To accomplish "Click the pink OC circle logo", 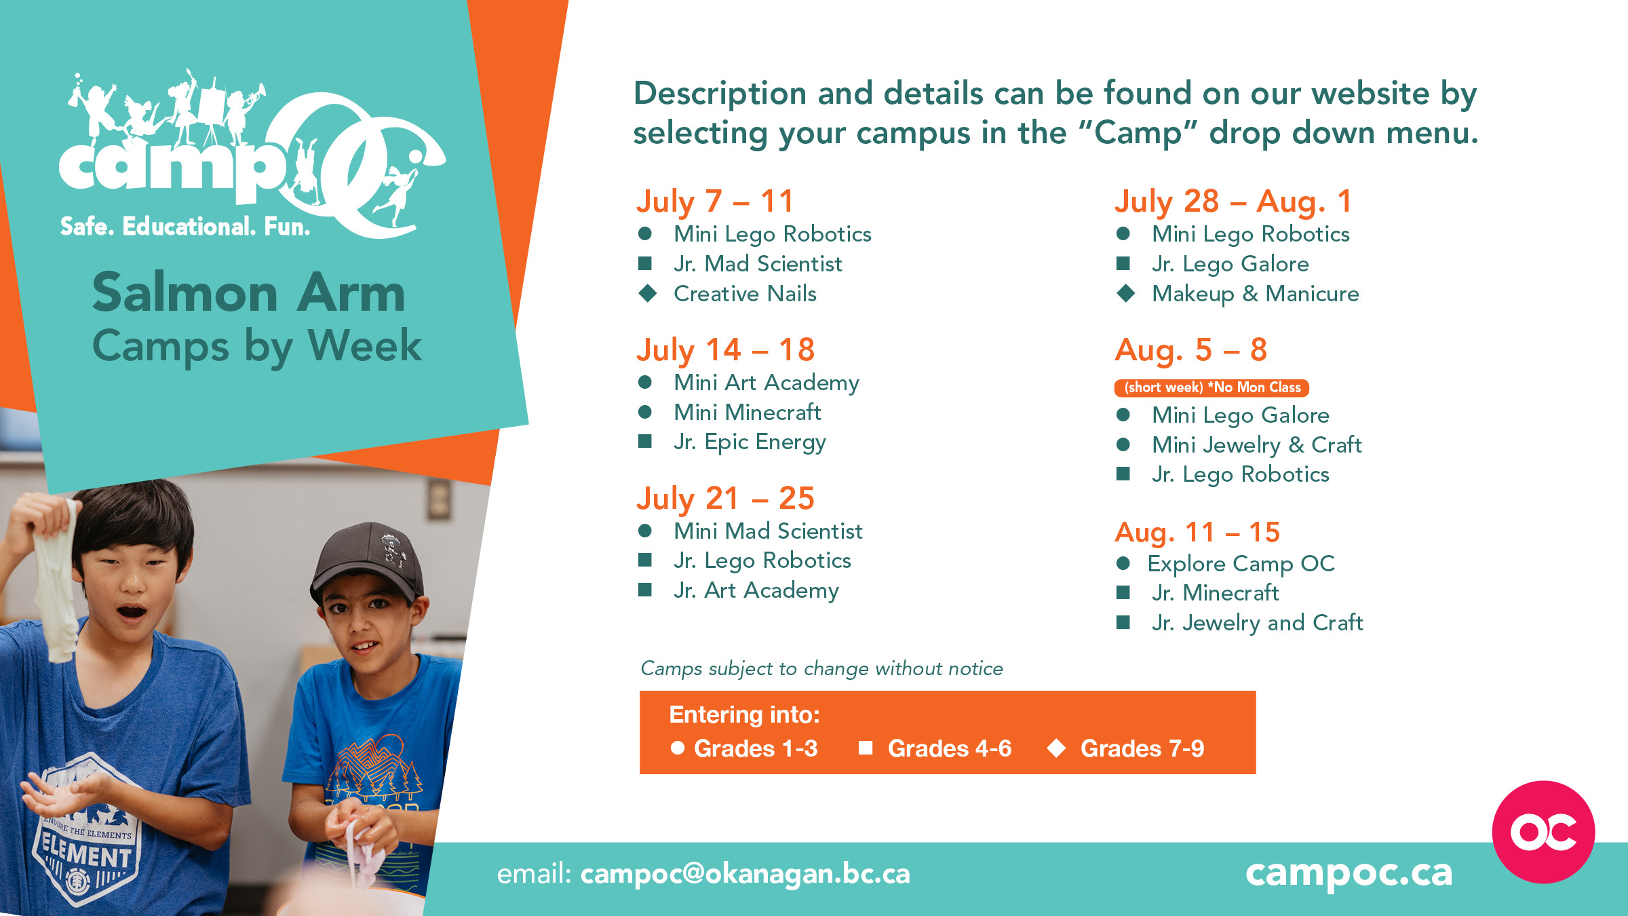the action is [x=1543, y=832].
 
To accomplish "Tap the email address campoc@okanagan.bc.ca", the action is [x=745, y=874].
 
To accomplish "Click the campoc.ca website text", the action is [x=1349, y=873].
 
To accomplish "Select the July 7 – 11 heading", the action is [x=714, y=202].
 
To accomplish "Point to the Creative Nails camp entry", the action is [x=745, y=294].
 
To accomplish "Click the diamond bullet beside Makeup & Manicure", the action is [x=1126, y=294].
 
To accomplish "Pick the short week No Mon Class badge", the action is [x=1212, y=387].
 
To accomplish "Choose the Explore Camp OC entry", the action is [x=1241, y=563].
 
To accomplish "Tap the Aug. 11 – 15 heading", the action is [x=1197, y=532].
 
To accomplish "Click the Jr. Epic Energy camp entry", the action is [x=750, y=442].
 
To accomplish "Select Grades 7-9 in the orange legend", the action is [x=1142, y=748].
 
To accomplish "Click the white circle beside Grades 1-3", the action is [x=677, y=748].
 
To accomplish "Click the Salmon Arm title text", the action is [x=249, y=293].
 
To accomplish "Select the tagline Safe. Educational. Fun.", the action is [x=185, y=227].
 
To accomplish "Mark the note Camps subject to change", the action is [x=821, y=669].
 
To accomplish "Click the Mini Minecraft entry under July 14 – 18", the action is [x=747, y=413].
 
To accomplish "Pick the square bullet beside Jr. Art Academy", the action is [x=645, y=590].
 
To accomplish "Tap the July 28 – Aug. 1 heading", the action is [x=1233, y=202].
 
